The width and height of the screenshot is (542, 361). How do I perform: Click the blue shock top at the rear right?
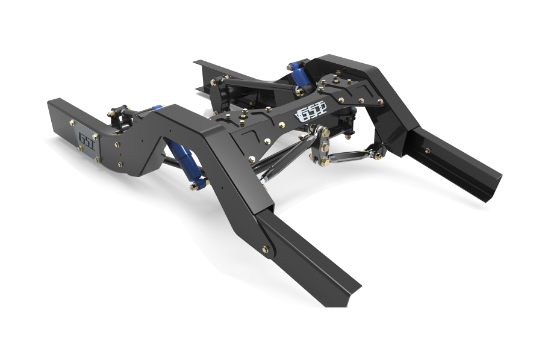coord(296,66)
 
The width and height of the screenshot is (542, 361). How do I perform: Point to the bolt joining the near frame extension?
coord(266,248)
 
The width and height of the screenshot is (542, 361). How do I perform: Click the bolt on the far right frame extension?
coord(428,150)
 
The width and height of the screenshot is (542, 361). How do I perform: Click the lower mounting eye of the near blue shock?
coord(196,184)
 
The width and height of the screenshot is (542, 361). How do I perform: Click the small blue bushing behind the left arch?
coord(157,108)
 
